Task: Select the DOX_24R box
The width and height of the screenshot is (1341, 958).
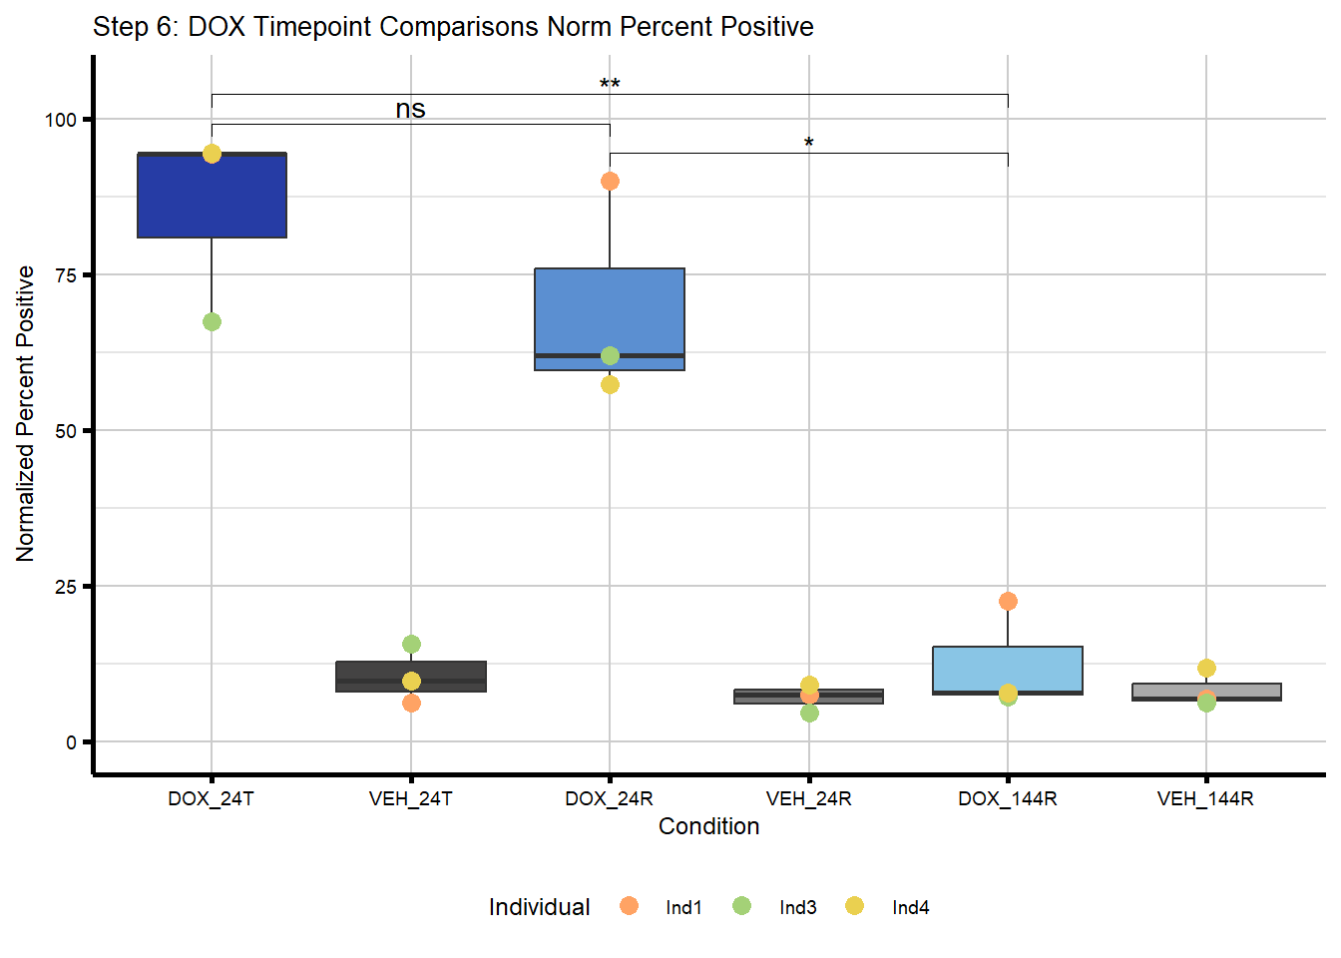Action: (x=610, y=309)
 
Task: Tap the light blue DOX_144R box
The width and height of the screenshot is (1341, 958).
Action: (x=1008, y=669)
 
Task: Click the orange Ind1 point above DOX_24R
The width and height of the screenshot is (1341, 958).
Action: (x=610, y=181)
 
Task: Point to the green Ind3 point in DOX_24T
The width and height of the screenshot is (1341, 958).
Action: (x=212, y=321)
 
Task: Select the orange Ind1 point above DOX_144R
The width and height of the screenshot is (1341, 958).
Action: (x=1008, y=601)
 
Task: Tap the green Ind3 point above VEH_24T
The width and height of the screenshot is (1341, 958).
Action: (x=411, y=644)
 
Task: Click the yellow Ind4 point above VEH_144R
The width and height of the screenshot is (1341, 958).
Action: (x=1206, y=668)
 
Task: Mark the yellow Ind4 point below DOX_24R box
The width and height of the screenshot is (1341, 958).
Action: (x=610, y=384)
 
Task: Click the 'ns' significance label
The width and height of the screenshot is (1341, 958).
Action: (x=410, y=109)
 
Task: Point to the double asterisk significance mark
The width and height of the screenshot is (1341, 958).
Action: (x=610, y=85)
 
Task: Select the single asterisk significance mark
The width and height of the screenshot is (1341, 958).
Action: (x=809, y=144)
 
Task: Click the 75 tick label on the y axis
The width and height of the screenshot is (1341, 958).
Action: (x=66, y=275)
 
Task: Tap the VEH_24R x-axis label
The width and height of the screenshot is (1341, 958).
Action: (x=808, y=798)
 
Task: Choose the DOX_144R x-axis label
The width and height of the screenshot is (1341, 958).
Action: (x=1008, y=798)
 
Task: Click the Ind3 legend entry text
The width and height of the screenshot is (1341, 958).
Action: (x=797, y=907)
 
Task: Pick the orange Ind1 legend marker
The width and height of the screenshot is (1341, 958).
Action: (x=629, y=905)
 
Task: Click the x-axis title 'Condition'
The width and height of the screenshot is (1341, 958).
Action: (x=708, y=826)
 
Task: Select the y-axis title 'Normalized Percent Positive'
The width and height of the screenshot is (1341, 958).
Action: (x=26, y=413)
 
